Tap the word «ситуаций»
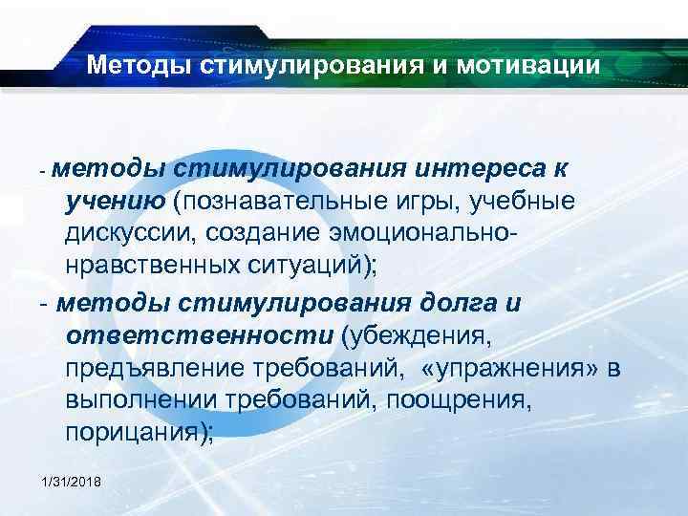click(x=306, y=264)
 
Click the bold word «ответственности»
click(x=195, y=336)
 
